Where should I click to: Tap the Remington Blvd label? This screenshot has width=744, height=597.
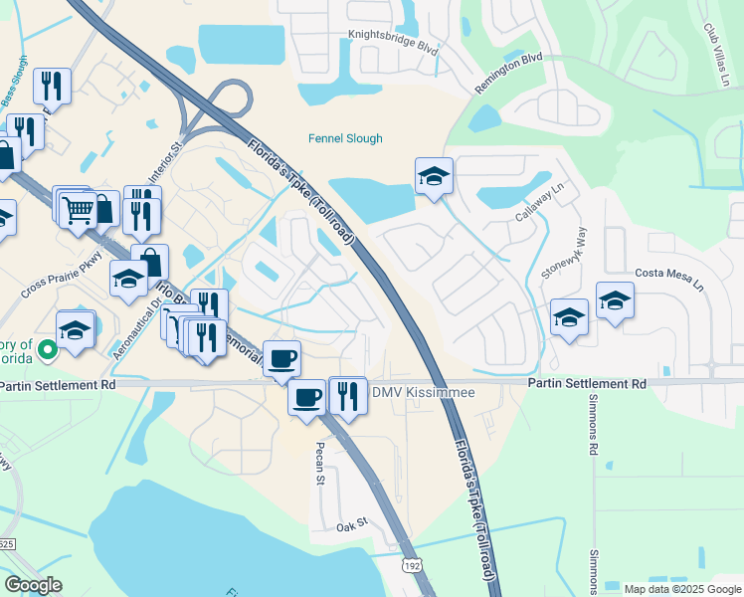(508, 73)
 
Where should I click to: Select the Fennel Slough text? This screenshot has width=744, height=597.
(344, 138)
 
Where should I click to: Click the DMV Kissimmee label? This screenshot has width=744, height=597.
(424, 393)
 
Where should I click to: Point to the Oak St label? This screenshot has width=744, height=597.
(352, 524)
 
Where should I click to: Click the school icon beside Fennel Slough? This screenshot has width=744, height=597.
(434, 176)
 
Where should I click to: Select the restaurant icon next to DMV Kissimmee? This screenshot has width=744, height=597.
(347, 395)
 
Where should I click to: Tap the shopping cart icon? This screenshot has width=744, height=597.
(77, 209)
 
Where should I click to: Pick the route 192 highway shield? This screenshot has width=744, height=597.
(411, 565)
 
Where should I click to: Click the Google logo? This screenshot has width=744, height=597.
(33, 585)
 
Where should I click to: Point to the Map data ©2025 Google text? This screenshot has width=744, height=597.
(682, 589)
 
